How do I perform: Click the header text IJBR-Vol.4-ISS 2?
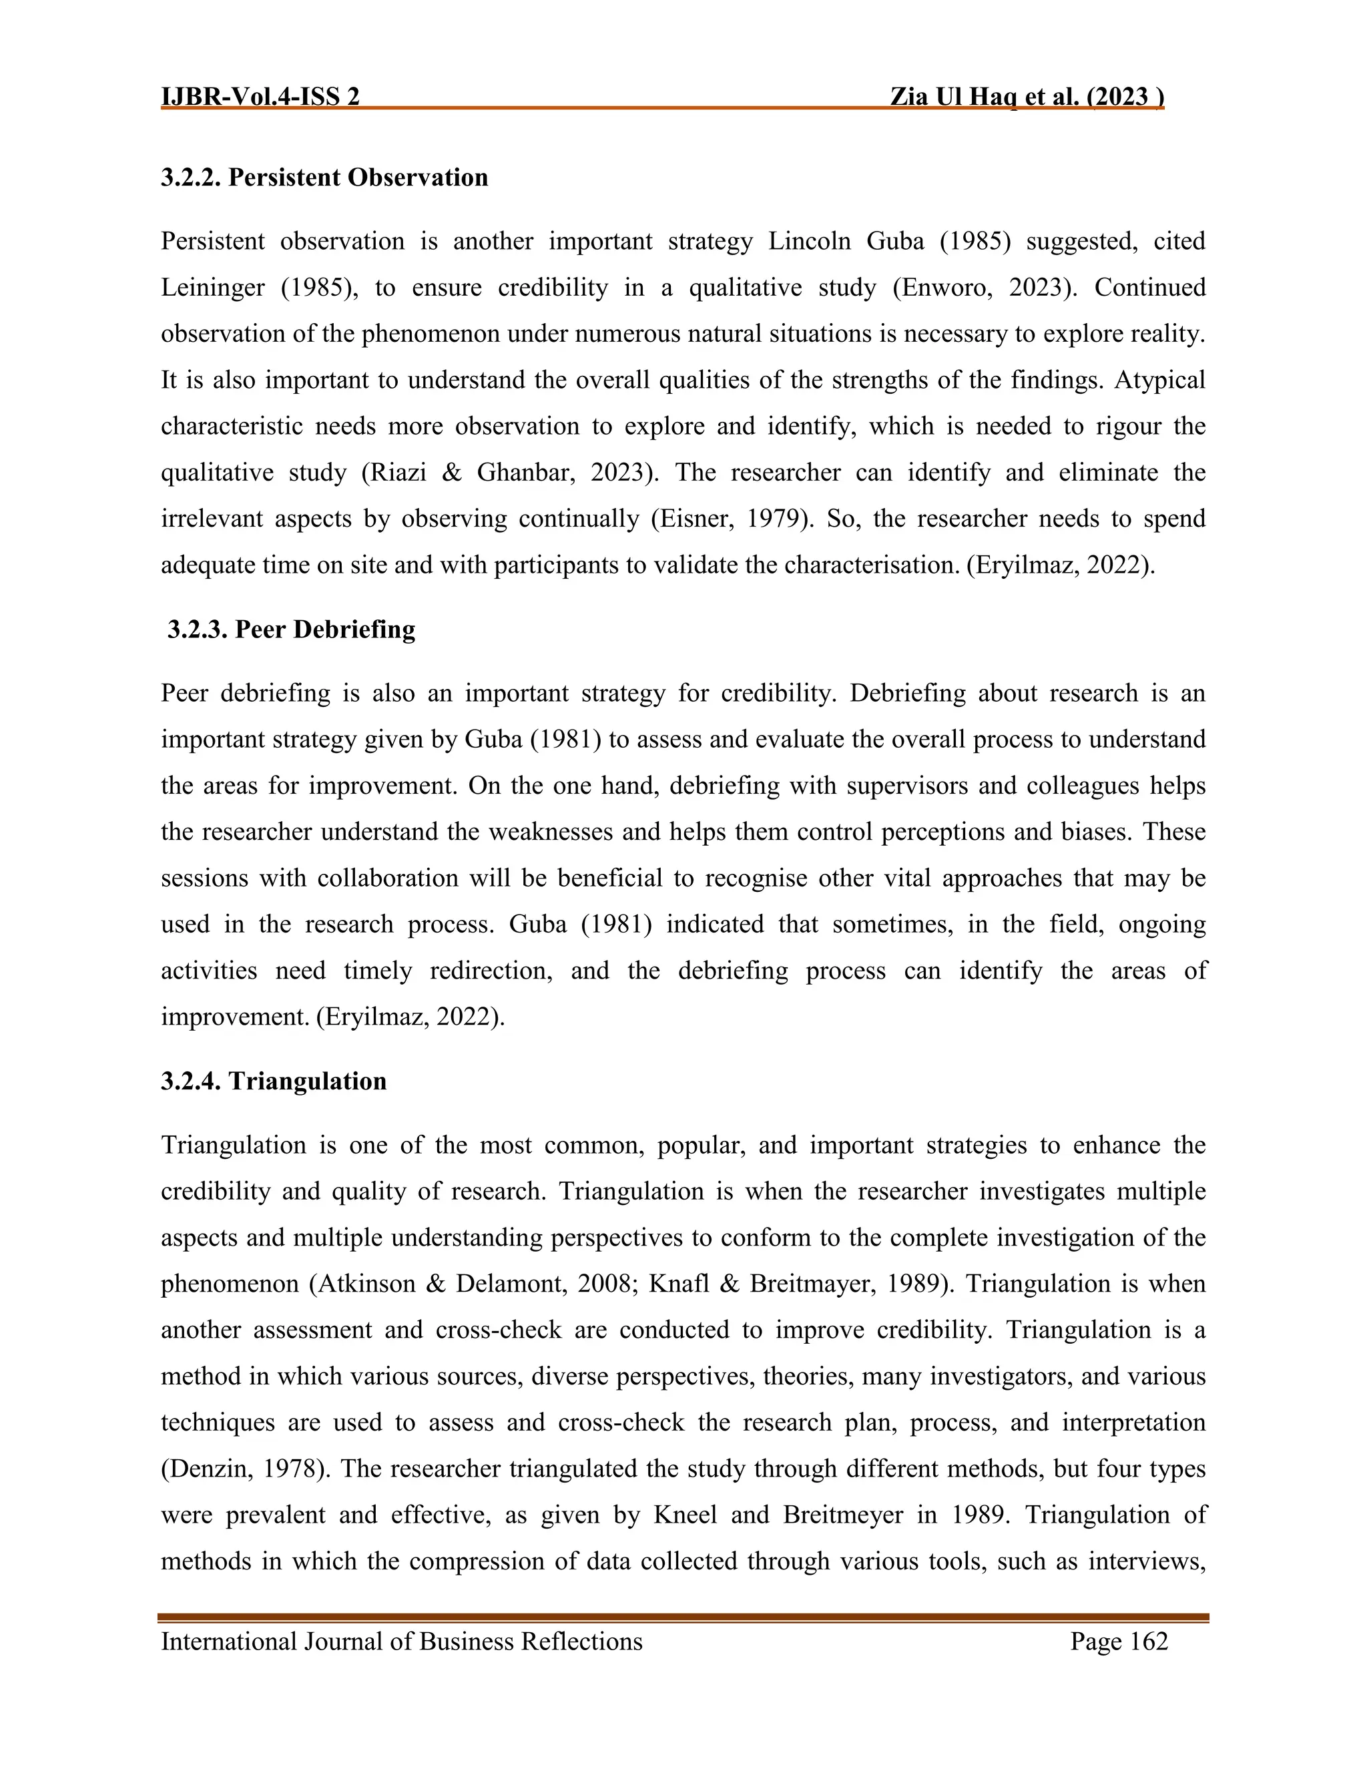260,97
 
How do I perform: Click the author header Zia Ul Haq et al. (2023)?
1027,97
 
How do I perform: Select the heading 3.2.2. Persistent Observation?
324,178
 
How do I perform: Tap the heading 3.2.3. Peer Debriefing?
291,629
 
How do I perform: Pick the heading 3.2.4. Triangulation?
274,1081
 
